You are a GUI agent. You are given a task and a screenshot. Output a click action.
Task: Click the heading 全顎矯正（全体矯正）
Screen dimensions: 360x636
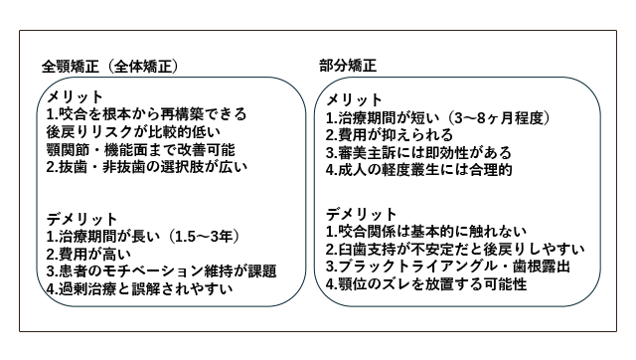pos(109,67)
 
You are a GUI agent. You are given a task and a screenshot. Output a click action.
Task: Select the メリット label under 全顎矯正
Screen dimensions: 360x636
pos(76,95)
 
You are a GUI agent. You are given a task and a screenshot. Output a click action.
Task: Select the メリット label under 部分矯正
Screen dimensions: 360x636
pos(355,100)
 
